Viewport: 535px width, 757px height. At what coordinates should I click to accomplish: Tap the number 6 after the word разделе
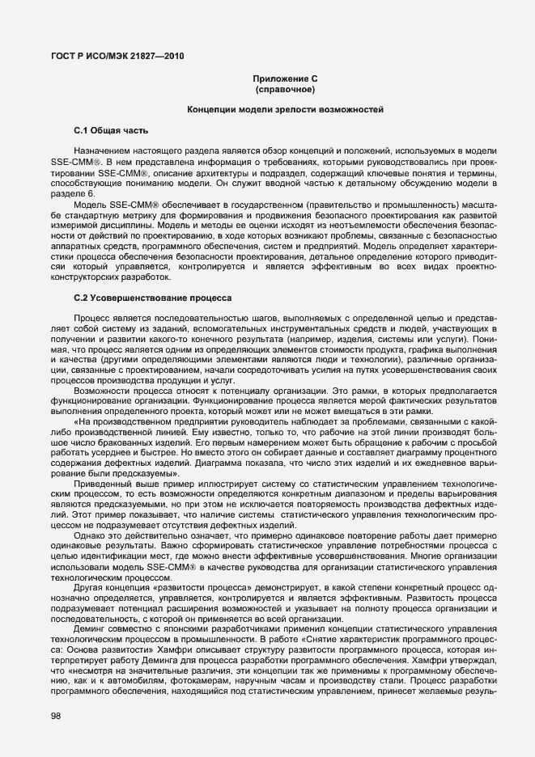tap(91, 194)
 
